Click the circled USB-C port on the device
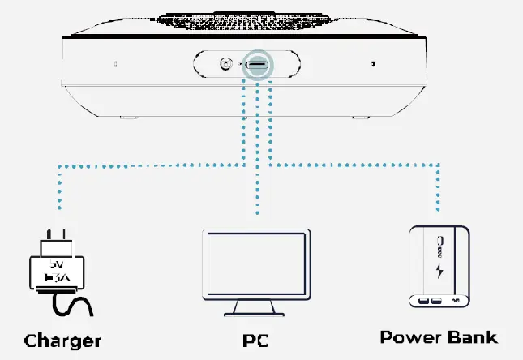click(257, 64)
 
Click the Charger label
click(62, 341)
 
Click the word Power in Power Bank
click(410, 337)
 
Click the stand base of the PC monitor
click(256, 313)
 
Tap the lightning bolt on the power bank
click(439, 271)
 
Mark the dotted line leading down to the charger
click(58, 195)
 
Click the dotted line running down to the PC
click(257, 162)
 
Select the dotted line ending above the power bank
click(439, 191)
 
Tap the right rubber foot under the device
click(359, 118)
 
